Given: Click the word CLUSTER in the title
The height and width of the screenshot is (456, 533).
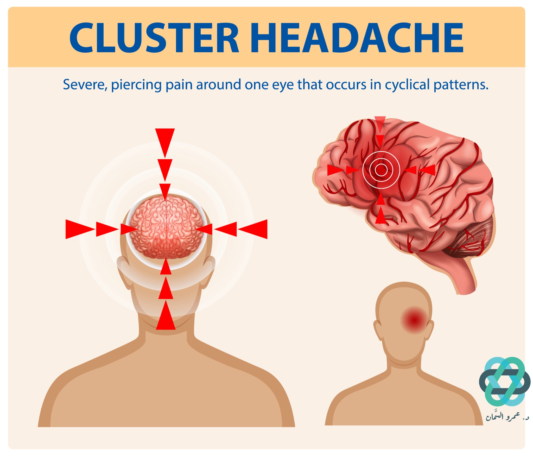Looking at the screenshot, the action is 154,38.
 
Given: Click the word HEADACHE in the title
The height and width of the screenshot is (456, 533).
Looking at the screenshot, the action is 357,38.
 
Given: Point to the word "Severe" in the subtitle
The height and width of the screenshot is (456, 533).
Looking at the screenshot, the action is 85,85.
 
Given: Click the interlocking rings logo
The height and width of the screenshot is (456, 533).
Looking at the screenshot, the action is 505,381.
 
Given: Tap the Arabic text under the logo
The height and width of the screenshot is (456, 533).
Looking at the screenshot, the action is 507,416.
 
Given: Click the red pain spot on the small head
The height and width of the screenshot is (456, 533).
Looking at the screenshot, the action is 414,320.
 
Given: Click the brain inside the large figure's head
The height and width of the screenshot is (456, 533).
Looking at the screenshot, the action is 166,227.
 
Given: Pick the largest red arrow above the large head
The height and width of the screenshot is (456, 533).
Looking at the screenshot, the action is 165,143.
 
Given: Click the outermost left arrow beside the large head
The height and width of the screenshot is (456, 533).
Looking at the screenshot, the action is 80,229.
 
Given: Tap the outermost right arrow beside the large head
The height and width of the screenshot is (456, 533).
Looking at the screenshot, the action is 253,229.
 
